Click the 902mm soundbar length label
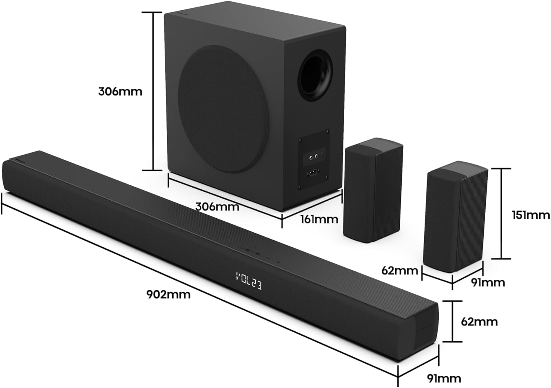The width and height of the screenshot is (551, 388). pos(168,294)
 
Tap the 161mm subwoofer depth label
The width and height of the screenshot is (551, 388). pos(319,219)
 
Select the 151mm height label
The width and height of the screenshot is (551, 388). pos(531,214)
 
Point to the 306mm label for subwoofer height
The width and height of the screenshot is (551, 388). pos(120,91)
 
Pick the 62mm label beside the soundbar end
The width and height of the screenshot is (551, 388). pos(479,321)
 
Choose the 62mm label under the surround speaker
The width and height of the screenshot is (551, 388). pos(400,271)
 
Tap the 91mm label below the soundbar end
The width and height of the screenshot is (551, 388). pos(444,378)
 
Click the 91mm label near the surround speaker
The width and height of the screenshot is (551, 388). pos(487,282)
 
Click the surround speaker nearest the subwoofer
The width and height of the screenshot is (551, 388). pos(372,190)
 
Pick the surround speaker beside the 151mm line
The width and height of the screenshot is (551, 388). pos(455,215)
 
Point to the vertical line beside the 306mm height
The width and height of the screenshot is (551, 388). pos(152,91)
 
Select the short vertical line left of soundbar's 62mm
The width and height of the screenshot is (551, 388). pos(452,321)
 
